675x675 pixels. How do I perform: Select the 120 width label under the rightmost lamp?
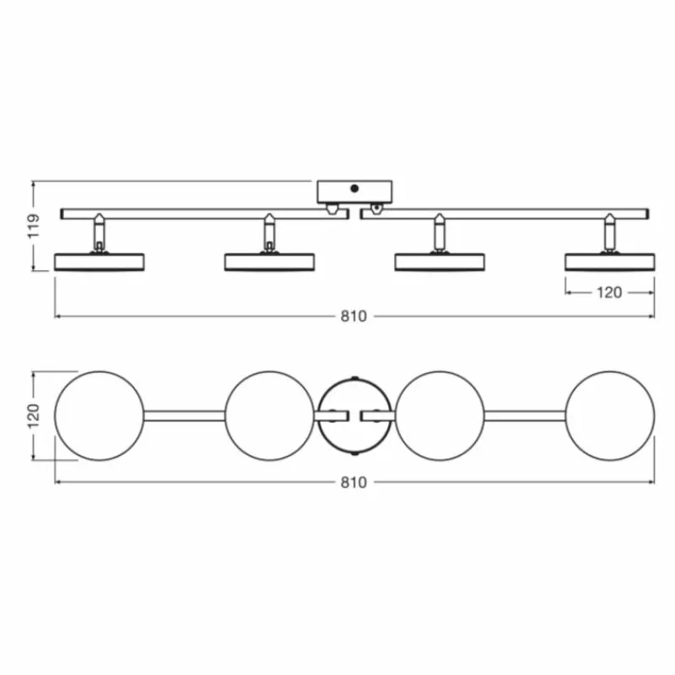[609, 293]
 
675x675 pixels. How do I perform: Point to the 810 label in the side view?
[354, 316]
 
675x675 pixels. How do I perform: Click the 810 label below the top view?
[354, 483]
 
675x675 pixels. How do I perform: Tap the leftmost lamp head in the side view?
[100, 262]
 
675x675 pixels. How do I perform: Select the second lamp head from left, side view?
[270, 262]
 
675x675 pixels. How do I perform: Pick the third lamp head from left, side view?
[440, 262]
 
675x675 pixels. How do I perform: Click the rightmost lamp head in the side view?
[609, 262]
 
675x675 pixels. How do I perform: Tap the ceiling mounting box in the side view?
[354, 192]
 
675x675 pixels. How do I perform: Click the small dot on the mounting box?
[355, 189]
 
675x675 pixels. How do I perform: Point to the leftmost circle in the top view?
[100, 415]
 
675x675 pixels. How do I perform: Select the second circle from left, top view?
[270, 415]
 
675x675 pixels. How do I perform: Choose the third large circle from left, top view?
[440, 415]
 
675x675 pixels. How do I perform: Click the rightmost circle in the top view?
[609, 415]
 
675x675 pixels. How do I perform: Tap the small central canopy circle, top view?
[354, 415]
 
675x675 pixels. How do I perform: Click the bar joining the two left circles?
[185, 415]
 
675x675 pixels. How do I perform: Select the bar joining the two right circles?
[524, 415]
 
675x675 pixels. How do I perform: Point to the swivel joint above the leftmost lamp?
[100, 231]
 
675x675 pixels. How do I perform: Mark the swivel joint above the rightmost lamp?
[609, 231]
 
